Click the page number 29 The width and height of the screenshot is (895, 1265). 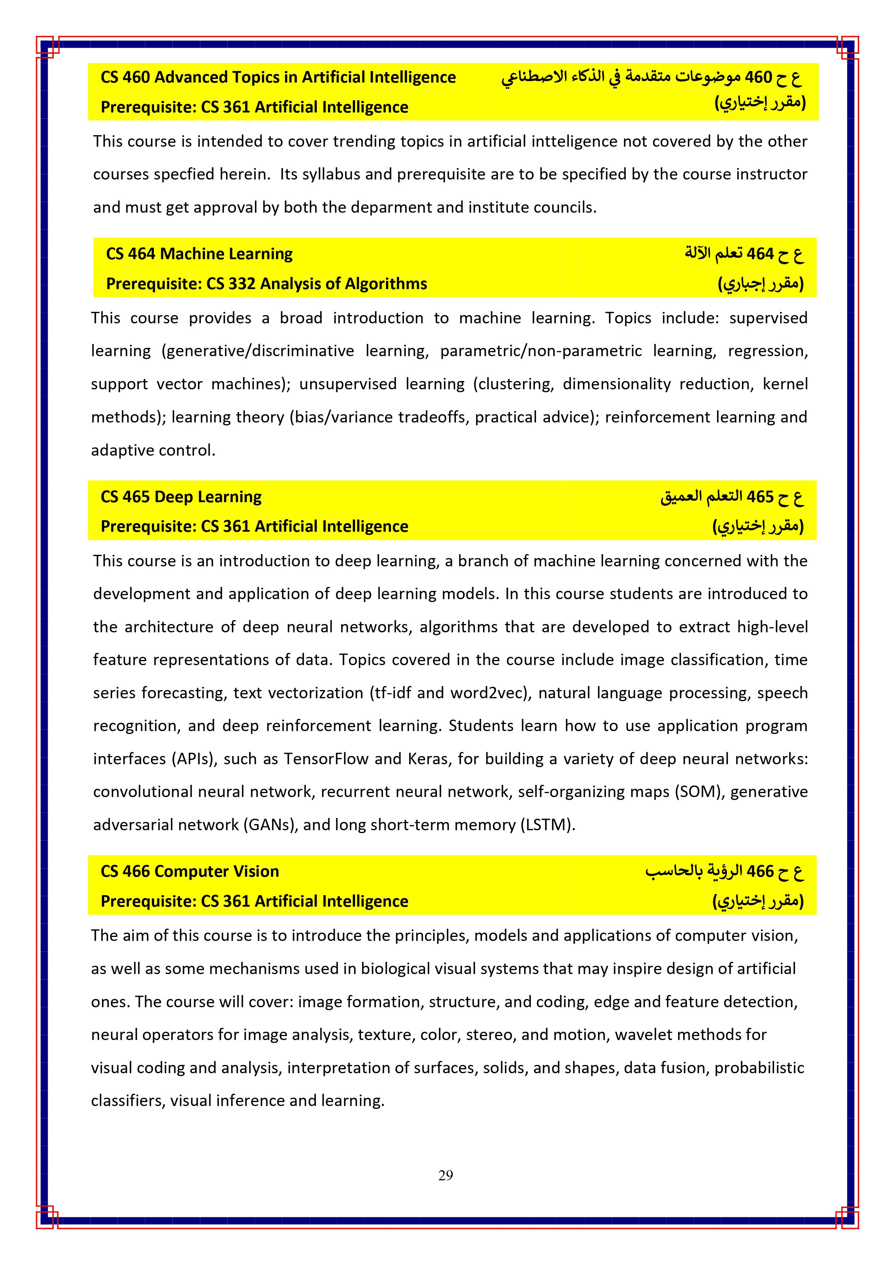coord(446,1175)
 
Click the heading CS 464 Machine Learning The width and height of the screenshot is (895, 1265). coord(199,254)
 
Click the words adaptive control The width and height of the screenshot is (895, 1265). coord(153,450)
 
